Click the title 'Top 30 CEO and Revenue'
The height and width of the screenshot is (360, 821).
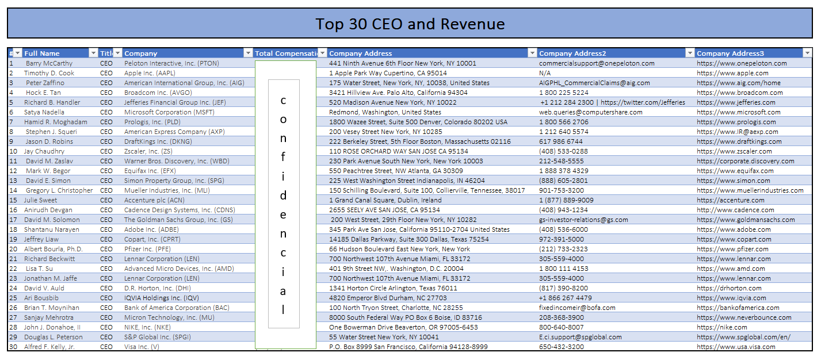(410, 24)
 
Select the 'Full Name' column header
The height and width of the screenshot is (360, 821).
(42, 53)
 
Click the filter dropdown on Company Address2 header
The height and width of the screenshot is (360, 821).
(690, 53)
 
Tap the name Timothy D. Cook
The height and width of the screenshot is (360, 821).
(49, 73)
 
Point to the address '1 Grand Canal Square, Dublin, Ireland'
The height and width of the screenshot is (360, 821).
(385, 200)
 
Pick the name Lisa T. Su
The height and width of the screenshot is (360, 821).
(39, 269)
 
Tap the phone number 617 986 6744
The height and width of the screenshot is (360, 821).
(560, 141)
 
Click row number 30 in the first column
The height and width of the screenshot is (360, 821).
(13, 347)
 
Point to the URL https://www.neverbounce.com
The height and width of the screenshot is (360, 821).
(744, 317)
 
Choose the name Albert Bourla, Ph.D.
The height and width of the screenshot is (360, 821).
(54, 249)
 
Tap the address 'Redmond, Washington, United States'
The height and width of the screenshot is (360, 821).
(385, 112)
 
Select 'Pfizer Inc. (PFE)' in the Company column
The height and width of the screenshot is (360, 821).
(147, 249)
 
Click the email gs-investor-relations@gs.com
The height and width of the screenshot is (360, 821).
(583, 220)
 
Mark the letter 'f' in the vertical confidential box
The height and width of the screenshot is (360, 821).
(283, 156)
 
